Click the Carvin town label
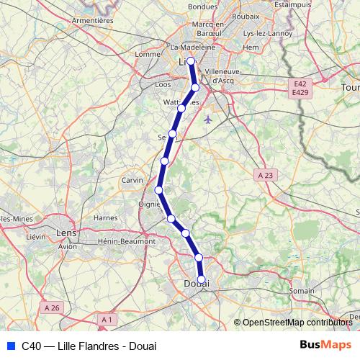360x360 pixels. pos(132,180)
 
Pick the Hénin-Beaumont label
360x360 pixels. pos(127,241)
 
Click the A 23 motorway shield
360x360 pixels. pos(266,175)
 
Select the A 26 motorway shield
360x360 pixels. pos(52,307)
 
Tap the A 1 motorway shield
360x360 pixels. pos(107,319)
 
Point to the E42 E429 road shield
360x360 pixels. pos(300,89)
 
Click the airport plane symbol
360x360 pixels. pos(208,119)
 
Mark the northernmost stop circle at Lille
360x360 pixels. pos(191,61)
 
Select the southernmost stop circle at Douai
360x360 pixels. pos(202,279)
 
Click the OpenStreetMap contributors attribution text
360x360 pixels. pos(295,323)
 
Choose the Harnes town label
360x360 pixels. pos(106,217)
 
